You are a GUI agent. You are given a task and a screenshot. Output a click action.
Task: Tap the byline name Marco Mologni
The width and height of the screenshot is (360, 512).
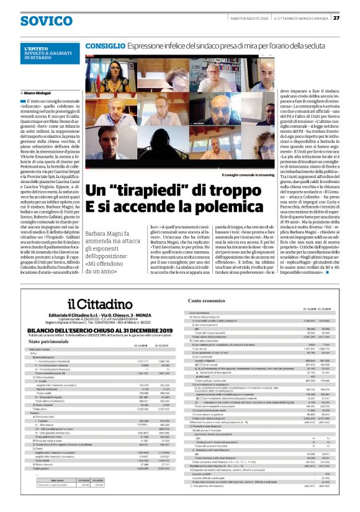[37, 92]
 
